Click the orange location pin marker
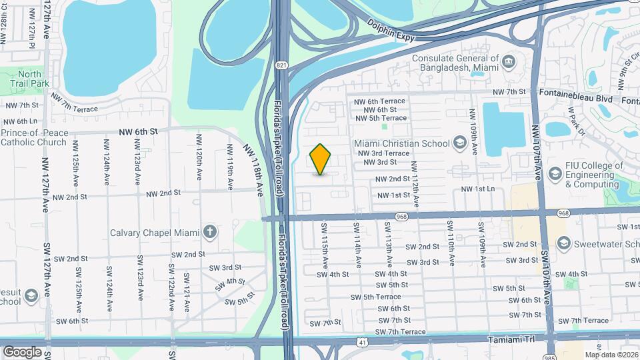coord(321,159)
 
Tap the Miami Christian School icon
coord(459,143)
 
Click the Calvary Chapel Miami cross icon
coord(210,232)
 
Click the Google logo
coord(22,351)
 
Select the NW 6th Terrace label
coord(381,101)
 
